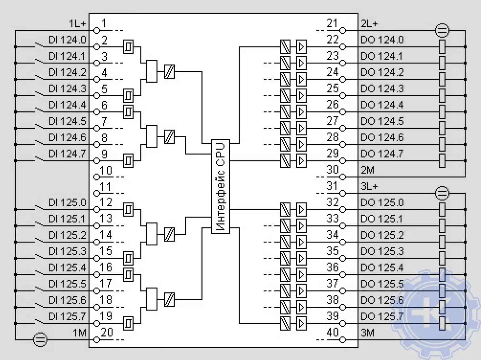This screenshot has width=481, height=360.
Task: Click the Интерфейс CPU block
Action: [221, 186]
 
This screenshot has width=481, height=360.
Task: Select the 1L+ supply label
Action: [77, 24]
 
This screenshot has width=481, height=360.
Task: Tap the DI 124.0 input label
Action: [67, 40]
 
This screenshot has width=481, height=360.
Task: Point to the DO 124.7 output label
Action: [382, 154]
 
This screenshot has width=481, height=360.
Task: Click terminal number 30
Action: [333, 169]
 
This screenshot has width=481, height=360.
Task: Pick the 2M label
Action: [367, 170]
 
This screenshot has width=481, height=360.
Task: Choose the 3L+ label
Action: [369, 186]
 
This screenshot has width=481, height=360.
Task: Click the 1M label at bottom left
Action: [80, 333]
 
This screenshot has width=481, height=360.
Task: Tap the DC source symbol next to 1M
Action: [40, 339]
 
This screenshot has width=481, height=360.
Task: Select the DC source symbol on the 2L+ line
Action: [442, 31]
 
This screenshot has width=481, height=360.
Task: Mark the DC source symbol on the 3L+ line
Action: [442, 193]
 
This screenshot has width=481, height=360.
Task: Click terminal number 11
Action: [105, 187]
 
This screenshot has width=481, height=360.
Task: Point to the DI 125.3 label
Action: [67, 251]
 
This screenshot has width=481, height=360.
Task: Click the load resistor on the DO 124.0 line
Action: [442, 47]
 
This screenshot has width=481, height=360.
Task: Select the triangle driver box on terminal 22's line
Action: [301, 47]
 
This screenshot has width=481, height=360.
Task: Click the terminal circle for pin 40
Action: [343, 339]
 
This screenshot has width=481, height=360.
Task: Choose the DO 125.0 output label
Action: [382, 203]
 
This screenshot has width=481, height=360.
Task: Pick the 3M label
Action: [367, 333]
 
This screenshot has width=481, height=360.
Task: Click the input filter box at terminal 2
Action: [128, 47]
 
